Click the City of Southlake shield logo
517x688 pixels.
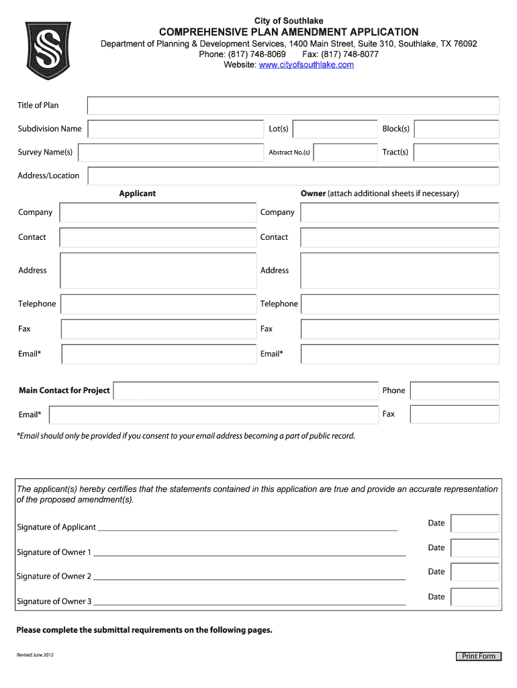[x=48, y=51]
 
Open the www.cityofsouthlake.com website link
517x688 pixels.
[x=306, y=64]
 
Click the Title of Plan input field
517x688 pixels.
[x=293, y=105]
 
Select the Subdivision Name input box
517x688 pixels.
[x=175, y=129]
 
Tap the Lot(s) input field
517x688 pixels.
[x=335, y=129]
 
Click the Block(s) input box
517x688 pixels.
[x=456, y=129]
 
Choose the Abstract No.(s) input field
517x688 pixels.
[x=345, y=153]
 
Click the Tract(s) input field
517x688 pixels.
[x=456, y=153]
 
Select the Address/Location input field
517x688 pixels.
[x=293, y=176]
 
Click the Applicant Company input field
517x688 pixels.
[x=158, y=212]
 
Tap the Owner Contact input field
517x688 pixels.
[x=399, y=237]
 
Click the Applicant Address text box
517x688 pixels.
[x=158, y=270]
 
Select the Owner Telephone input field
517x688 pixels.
[x=399, y=304]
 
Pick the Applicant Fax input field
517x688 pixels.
[x=158, y=329]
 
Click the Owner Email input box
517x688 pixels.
[x=399, y=354]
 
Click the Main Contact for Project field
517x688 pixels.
[x=246, y=391]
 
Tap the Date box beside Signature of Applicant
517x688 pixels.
[x=475, y=523]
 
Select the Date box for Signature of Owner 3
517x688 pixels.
[x=475, y=597]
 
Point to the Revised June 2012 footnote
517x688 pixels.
[x=35, y=655]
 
